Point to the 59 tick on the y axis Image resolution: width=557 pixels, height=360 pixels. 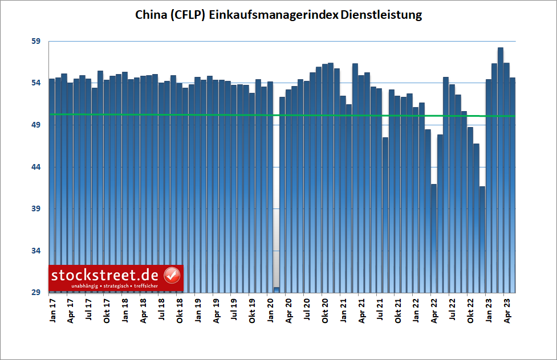pos(36,42)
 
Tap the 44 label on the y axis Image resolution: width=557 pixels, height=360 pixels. pos(36,167)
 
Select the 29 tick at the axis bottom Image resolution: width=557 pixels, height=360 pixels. pos(36,293)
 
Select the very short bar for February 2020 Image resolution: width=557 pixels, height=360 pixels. pos(277,290)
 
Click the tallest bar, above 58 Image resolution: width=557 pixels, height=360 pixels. pos(501,171)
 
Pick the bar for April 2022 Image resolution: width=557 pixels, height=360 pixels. pos(434,239)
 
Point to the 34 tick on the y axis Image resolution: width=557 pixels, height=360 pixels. pos(36,251)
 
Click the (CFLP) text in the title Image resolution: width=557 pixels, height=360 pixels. pos(189,15)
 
